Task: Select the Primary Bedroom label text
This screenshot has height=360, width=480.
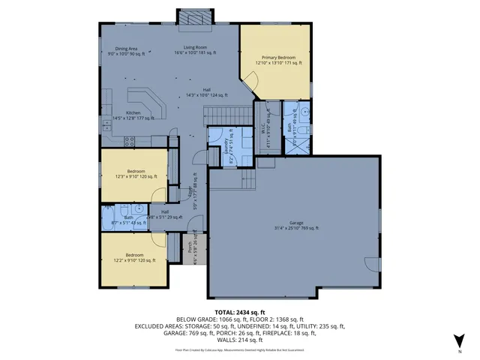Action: click(277, 60)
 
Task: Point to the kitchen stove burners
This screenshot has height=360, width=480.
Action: click(128, 140)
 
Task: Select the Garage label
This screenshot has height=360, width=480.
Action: click(295, 224)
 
